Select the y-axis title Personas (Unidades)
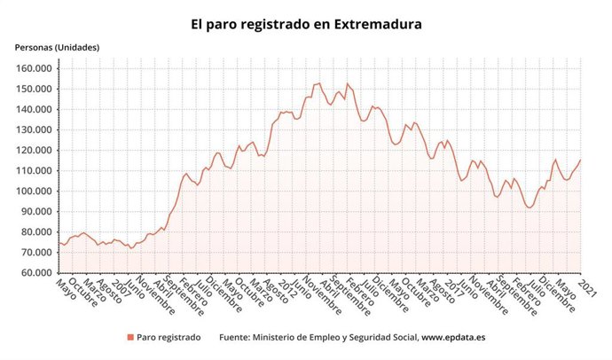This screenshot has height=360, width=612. tap(56, 47)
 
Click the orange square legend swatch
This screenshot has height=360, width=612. tap(129, 337)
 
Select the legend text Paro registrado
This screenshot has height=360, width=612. tap(169, 337)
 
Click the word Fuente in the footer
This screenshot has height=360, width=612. tap(235, 337)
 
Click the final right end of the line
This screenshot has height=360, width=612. tap(580, 160)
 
